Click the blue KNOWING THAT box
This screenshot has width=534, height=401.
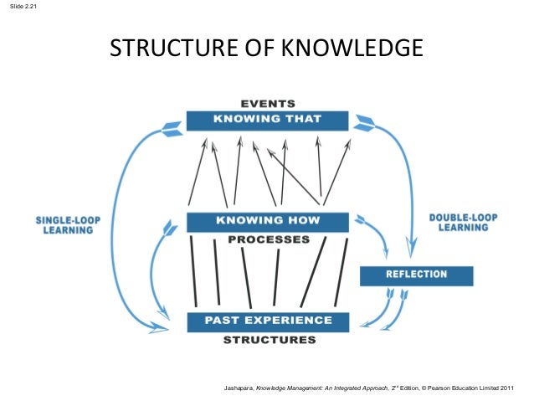tap(266, 120)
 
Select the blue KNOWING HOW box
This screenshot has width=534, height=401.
tap(266, 222)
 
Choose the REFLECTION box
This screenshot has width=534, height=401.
tap(416, 275)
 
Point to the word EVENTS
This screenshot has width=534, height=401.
tap(267, 104)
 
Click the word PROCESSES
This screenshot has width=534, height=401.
tap(268, 239)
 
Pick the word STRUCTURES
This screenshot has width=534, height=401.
tap(269, 340)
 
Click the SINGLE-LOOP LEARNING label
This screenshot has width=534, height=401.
tap(68, 224)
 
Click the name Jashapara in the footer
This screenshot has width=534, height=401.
tap(239, 388)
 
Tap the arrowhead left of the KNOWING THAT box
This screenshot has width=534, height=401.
tap(172, 128)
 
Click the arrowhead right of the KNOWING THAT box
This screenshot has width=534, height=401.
tap(363, 126)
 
